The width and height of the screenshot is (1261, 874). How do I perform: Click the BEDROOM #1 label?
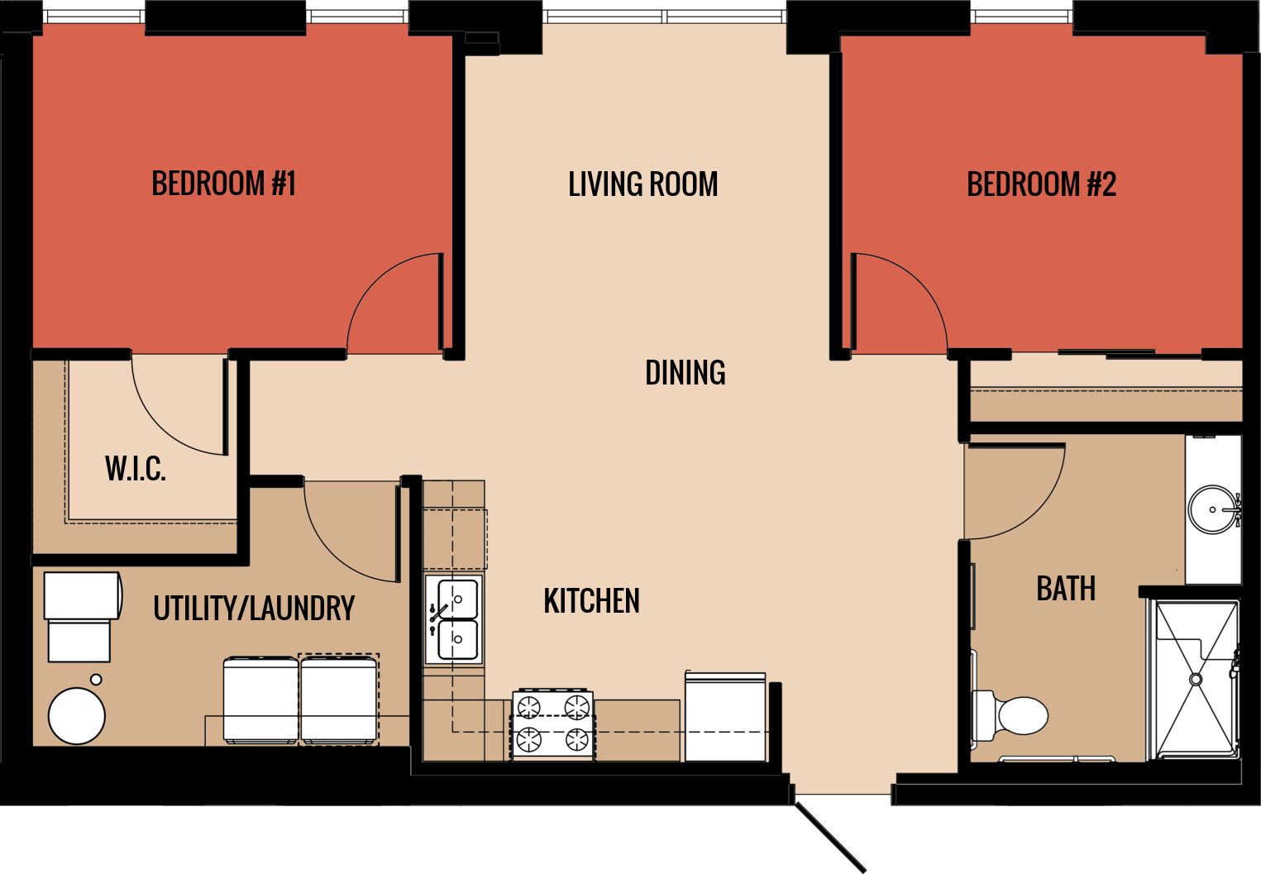223,184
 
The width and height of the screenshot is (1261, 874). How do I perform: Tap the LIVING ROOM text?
642,184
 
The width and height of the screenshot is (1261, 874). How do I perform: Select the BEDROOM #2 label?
1041,184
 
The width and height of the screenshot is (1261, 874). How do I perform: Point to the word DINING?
685,373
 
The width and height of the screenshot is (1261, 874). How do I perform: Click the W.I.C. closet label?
136,469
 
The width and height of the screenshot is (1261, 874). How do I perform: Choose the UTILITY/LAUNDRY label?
254,609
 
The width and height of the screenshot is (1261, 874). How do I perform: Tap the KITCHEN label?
591,601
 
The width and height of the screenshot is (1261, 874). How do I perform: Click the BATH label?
1066,590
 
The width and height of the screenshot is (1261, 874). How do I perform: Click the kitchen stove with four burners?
552,724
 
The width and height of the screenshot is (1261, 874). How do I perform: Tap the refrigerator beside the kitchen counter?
725,717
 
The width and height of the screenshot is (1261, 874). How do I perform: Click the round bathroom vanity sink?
1213,509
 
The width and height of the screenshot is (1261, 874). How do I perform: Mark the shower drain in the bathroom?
1195,679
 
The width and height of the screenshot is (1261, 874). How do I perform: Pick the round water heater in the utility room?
76,716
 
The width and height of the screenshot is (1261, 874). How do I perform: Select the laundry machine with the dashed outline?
339,700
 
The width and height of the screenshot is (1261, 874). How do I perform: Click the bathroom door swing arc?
1017,492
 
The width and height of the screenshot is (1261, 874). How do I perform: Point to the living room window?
665,17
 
